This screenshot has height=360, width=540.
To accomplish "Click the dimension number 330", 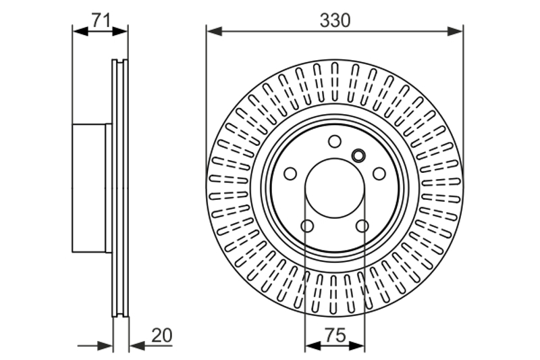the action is (335, 20).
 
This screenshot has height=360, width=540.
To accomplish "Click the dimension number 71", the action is (101, 20).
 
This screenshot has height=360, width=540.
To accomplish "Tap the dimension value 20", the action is (162, 335).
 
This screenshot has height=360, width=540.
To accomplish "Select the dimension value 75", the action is (335, 335).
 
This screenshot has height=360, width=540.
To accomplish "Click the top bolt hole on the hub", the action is (335, 141).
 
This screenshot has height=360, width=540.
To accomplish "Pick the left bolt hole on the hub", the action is (290, 174).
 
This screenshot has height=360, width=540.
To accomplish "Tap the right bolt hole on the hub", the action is (379, 174).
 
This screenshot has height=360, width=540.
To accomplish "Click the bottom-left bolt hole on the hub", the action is (307, 226).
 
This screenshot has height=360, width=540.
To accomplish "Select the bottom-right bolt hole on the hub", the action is (362, 226).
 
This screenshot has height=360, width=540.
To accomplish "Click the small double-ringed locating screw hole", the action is (358, 155).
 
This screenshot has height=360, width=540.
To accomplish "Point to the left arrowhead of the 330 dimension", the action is (214, 32).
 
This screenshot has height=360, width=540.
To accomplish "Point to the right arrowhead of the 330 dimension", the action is (455, 32).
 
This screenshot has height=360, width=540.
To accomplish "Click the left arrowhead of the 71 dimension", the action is (80, 32).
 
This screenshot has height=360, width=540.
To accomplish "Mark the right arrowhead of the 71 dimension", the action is (120, 32).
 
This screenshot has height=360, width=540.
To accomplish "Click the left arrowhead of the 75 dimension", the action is (313, 346).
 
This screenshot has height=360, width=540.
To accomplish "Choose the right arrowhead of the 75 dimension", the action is (357, 346).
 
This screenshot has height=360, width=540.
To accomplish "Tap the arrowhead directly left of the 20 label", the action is (137, 346).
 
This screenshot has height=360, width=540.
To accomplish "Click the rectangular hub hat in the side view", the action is (89, 188).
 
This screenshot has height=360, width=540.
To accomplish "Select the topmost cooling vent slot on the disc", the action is (335, 82).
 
